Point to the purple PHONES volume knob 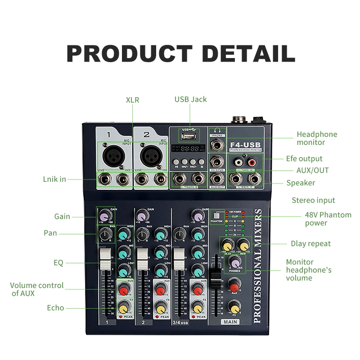(x=234, y=262)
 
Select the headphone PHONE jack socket (x=216, y=145)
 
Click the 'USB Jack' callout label (x=191, y=99)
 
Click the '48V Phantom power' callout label (x=328, y=219)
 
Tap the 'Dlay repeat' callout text (x=310, y=244)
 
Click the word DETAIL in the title (x=239, y=54)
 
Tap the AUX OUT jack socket (x=216, y=180)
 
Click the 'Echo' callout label (x=55, y=308)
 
